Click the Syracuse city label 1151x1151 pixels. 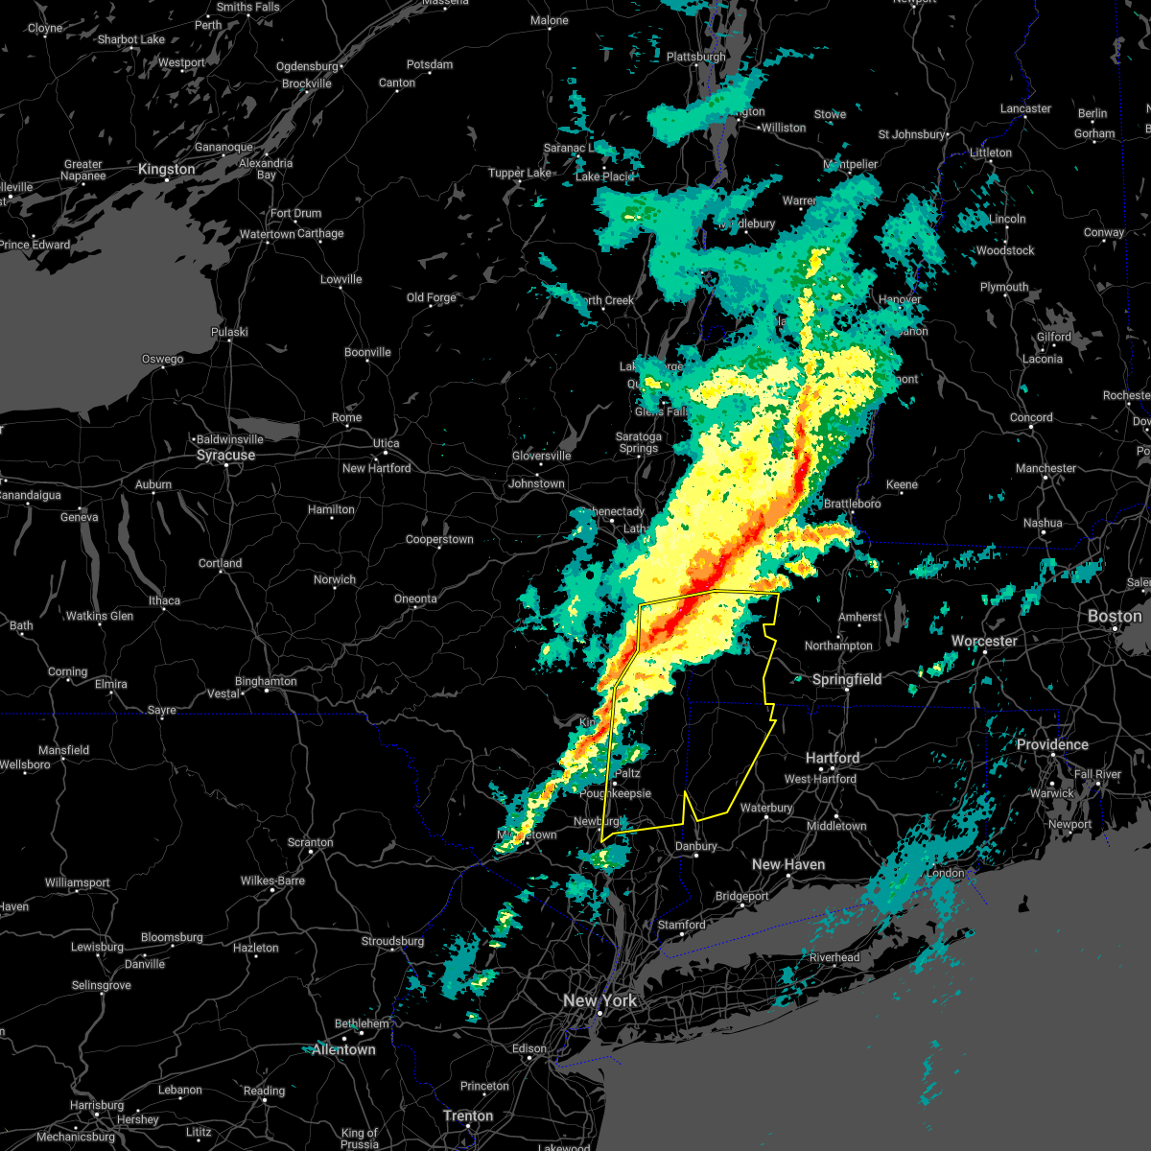[225, 455]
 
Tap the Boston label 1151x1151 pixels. [1115, 616]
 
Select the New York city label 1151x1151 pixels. [599, 1000]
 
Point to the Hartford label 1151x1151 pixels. [833, 758]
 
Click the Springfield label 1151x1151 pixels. [847, 679]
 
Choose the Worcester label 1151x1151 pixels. [984, 641]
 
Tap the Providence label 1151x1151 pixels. [1052, 744]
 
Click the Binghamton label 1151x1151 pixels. [266, 682]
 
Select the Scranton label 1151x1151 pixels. [311, 843]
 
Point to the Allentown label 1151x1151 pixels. [343, 1049]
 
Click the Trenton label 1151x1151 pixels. [468, 1116]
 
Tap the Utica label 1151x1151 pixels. [386, 443]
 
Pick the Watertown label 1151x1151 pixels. [268, 234]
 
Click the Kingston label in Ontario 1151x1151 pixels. [166, 169]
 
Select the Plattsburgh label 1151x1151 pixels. [696, 58]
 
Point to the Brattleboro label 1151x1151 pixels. [852, 504]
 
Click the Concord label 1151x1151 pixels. [1031, 417]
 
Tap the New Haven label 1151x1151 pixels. [787, 864]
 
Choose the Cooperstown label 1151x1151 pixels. [439, 540]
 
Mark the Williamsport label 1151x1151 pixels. [78, 882]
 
